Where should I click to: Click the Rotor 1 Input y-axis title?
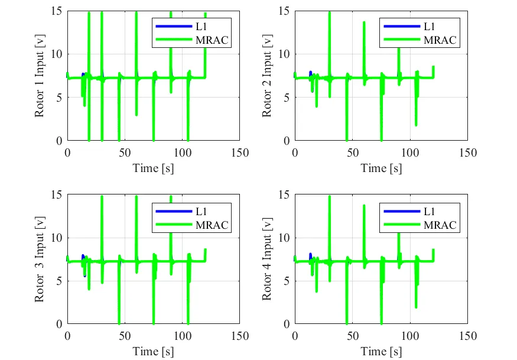(x=40, y=76)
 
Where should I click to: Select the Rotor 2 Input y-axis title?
(x=268, y=76)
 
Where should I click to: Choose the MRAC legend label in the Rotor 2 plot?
(x=440, y=40)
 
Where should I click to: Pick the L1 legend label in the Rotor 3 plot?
(x=200, y=210)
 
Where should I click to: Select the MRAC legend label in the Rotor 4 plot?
(x=440, y=225)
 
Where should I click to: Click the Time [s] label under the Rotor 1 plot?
(x=153, y=168)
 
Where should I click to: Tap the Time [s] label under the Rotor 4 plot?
(x=381, y=351)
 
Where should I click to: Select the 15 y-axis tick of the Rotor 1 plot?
(x=57, y=11)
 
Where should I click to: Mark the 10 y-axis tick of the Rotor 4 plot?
(x=285, y=237)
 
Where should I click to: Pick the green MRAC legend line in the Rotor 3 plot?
(x=172, y=225)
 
